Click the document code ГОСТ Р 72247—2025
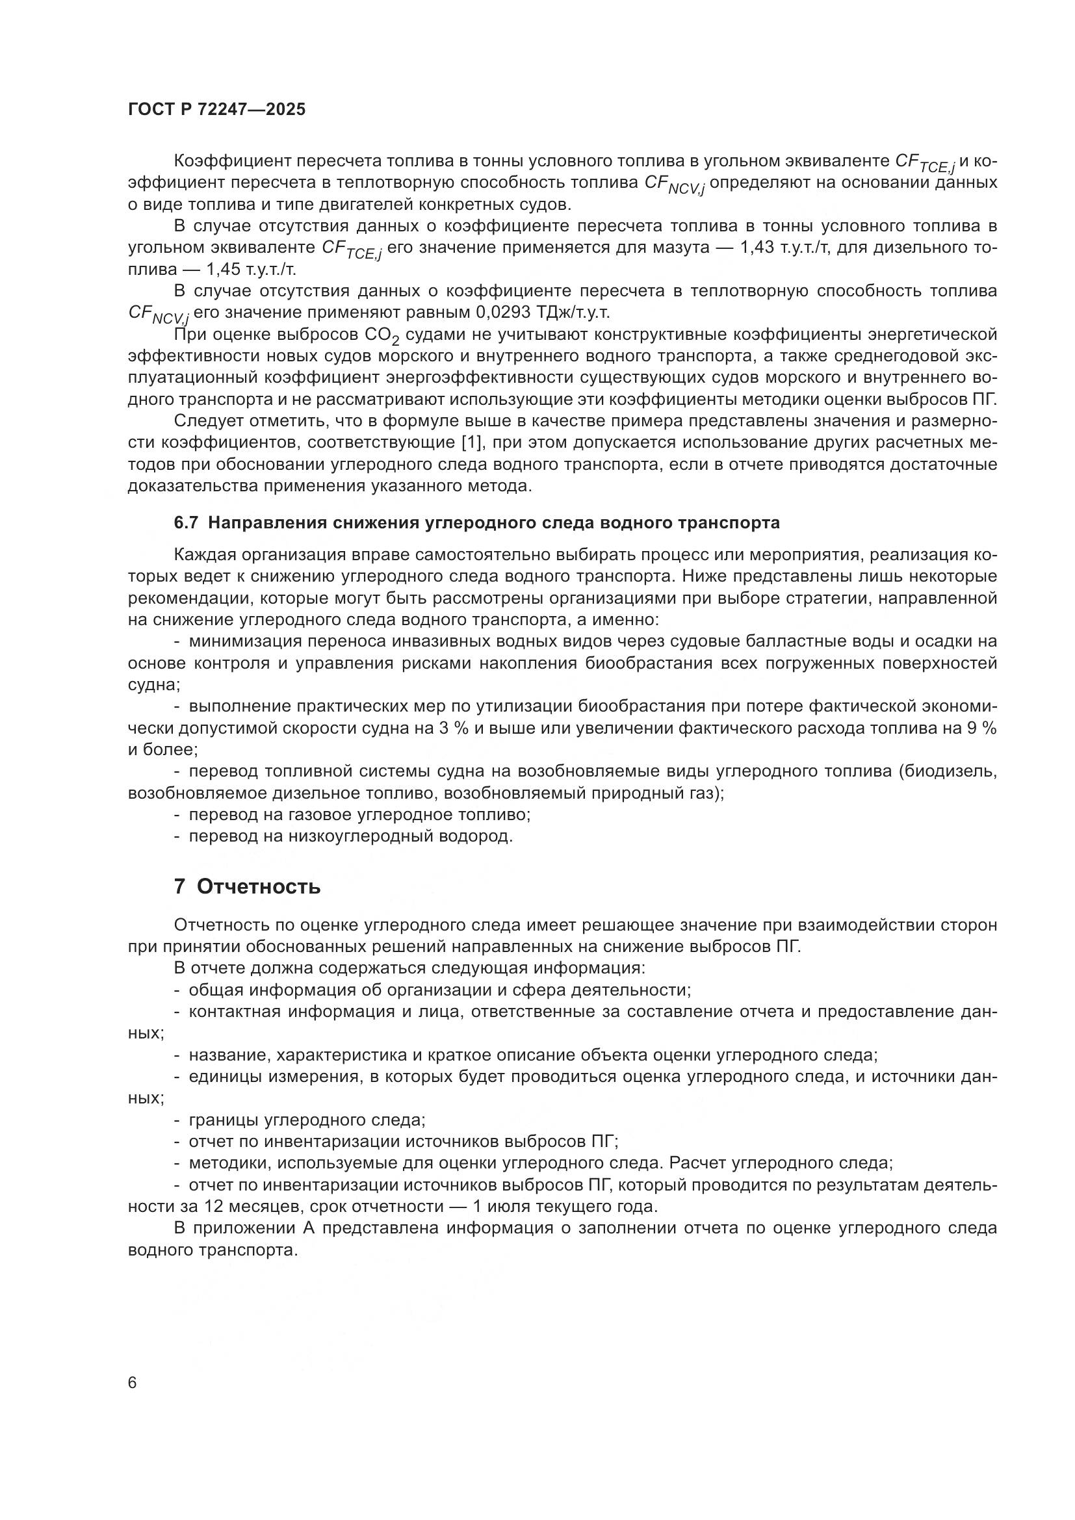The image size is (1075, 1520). (x=216, y=110)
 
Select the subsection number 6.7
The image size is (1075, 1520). (x=186, y=522)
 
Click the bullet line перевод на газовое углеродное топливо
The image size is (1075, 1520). (x=359, y=815)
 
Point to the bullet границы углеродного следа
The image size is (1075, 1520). (x=307, y=1120)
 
